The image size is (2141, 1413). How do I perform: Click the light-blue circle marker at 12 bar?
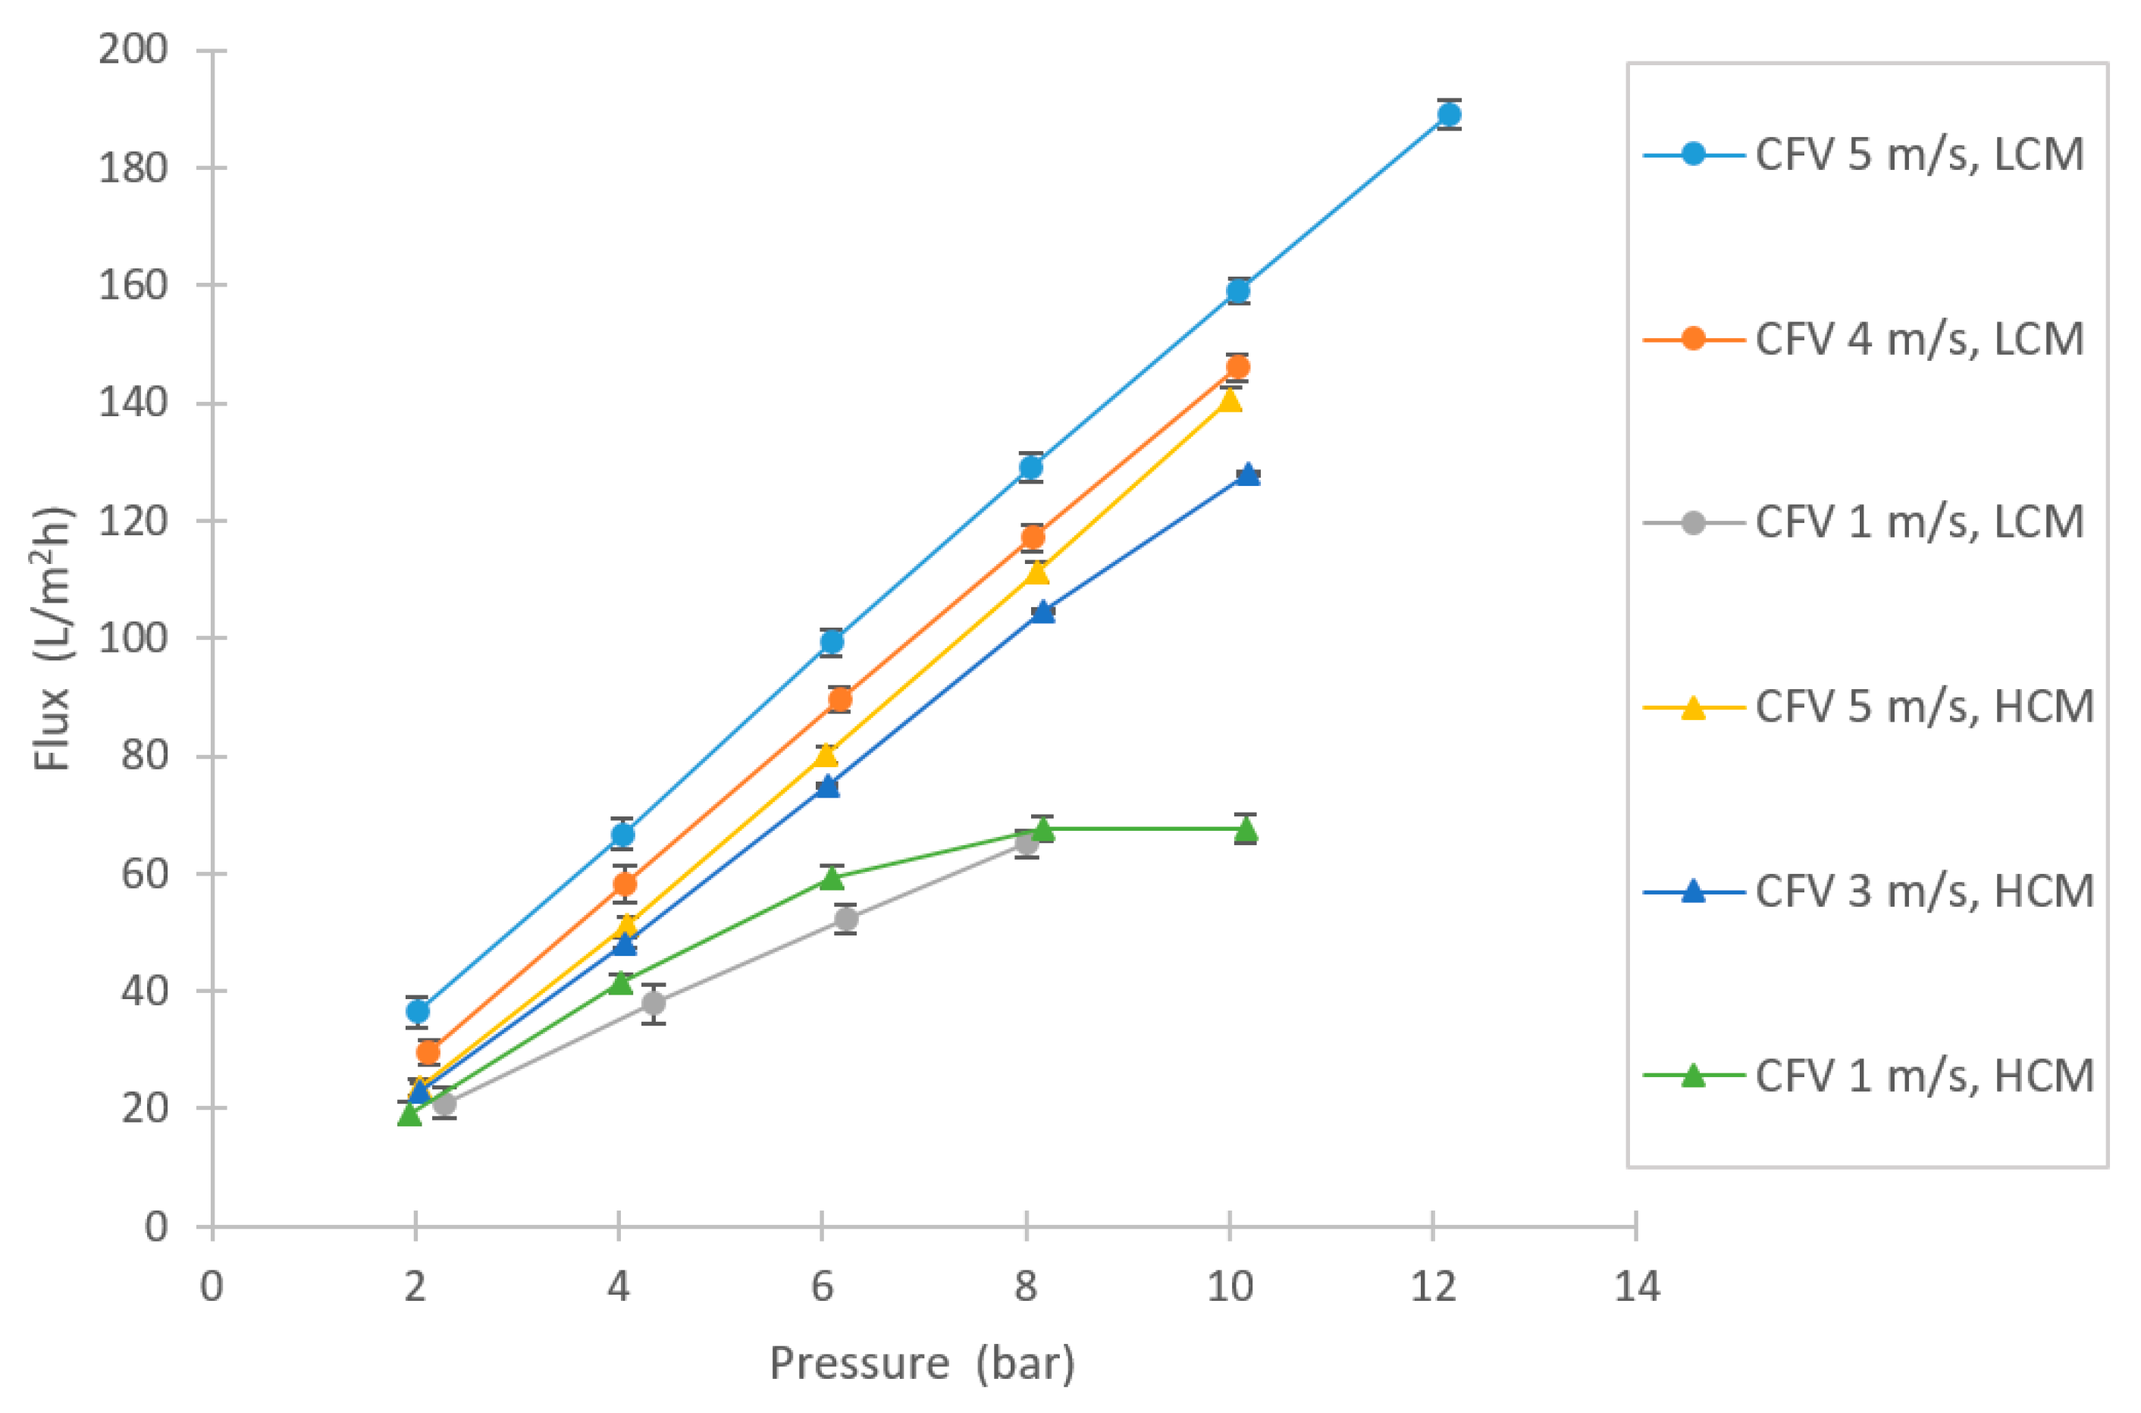coord(1448,114)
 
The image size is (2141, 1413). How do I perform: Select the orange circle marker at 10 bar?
coord(1237,367)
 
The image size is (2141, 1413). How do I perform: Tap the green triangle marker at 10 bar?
coord(1246,828)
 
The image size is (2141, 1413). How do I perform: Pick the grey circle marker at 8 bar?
coord(1027,844)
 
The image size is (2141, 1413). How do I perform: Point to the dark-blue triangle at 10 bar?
coord(1247,474)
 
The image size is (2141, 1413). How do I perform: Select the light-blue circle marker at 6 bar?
coord(831,641)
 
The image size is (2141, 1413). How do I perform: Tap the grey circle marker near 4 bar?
coord(654,1003)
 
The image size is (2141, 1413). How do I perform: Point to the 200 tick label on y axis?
coord(133,49)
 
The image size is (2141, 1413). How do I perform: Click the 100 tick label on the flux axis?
coord(133,638)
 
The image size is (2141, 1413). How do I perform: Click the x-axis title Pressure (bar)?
coord(922,1364)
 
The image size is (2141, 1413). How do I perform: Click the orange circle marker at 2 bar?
coord(428,1051)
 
